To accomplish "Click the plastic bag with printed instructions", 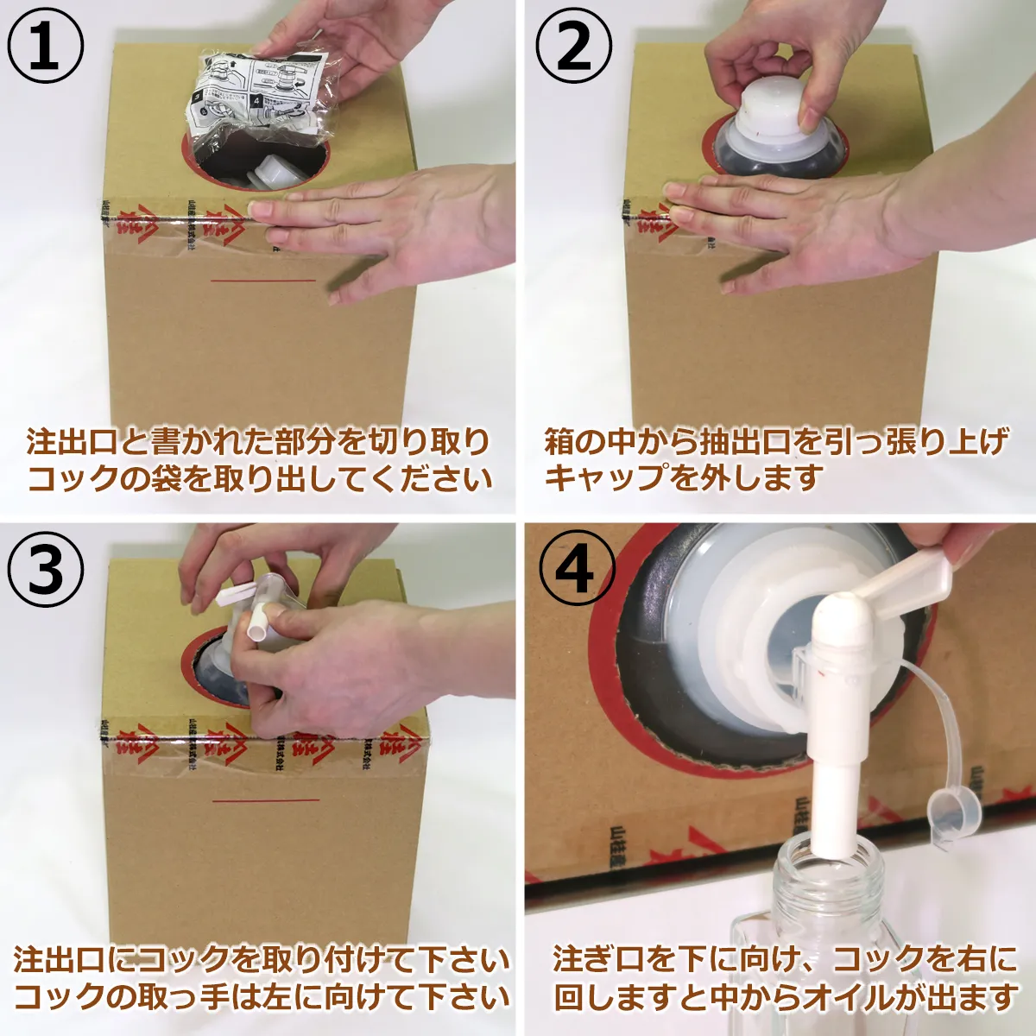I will pyautogui.click(x=259, y=91).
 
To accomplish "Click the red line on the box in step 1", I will pyautogui.click(x=263, y=281).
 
